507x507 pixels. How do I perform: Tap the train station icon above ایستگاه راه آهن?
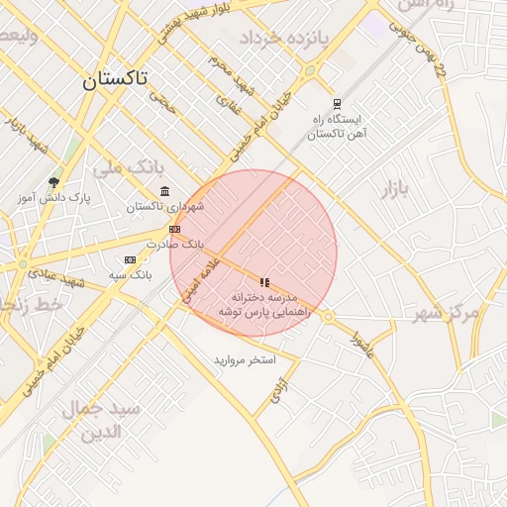(x=337, y=103)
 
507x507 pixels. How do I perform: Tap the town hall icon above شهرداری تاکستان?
(x=164, y=191)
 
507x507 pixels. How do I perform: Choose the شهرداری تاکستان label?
(x=164, y=207)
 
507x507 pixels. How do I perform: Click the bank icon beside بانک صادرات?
(x=175, y=229)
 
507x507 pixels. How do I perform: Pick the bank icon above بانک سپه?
(x=130, y=259)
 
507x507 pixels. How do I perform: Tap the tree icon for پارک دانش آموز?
(x=53, y=182)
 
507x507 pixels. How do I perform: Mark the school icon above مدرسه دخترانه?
(x=264, y=282)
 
